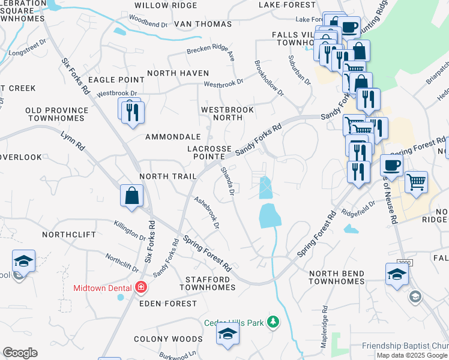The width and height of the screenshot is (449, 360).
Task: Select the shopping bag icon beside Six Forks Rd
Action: (131, 196)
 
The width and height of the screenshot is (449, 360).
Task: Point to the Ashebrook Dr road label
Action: (206, 213)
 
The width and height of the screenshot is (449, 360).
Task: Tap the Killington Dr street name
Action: (130, 230)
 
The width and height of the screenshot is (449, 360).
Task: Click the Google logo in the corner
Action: (20, 353)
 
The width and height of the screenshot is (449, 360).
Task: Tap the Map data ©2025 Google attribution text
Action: (411, 355)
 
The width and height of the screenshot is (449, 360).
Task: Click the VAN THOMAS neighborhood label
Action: (203, 24)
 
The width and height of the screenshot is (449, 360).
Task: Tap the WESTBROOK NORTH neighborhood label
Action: (228, 114)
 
